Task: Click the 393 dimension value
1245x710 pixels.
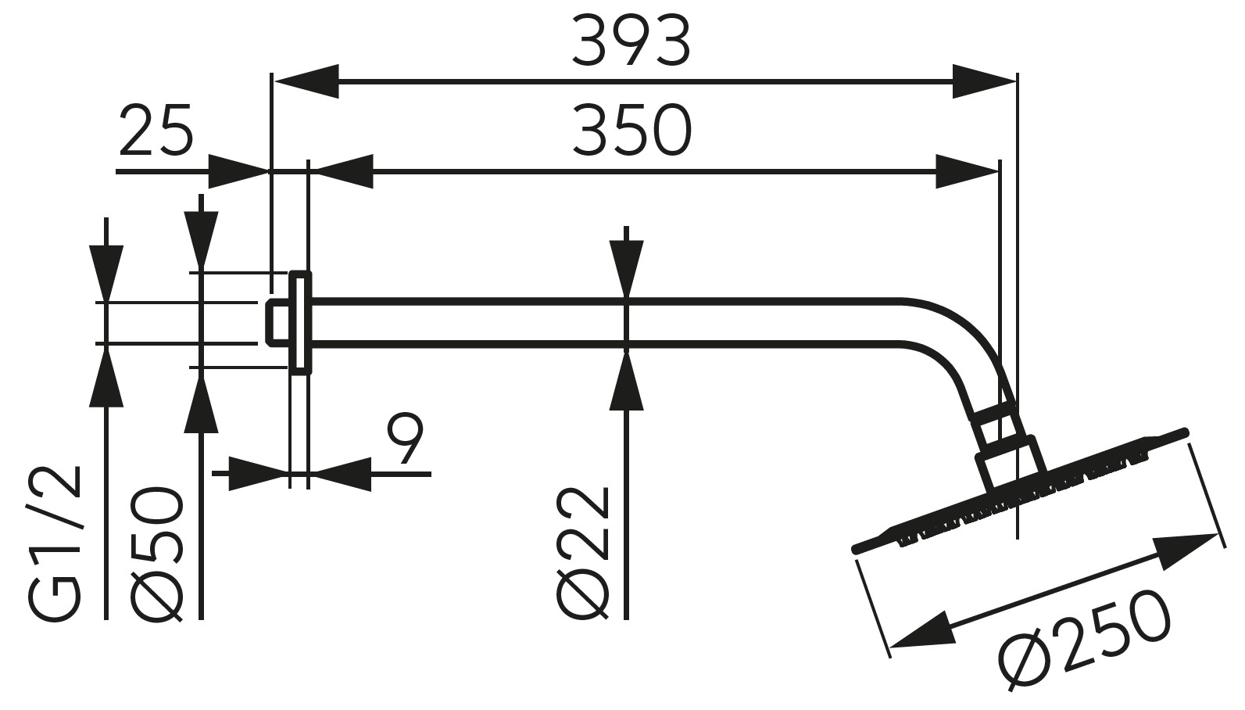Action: [x=631, y=41]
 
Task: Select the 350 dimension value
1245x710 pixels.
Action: [x=631, y=131]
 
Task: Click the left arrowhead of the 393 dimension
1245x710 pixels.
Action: [x=306, y=81]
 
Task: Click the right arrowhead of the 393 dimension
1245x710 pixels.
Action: [x=983, y=81]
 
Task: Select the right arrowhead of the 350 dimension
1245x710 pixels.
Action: [x=967, y=170]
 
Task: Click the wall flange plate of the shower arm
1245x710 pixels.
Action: [x=300, y=321]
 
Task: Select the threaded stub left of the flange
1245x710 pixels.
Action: [x=277, y=321]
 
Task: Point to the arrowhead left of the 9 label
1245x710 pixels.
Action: [x=258, y=474]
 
